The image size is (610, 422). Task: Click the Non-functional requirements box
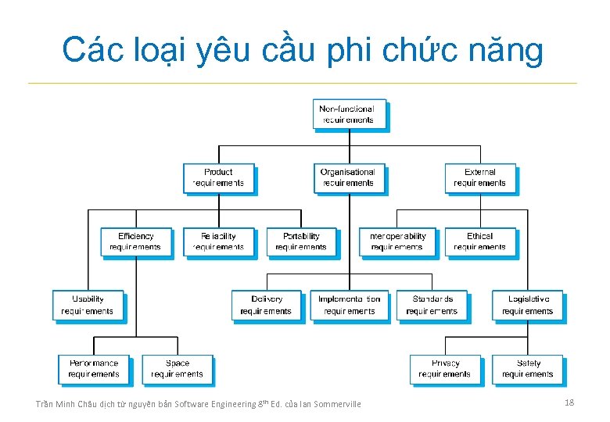pos(348,114)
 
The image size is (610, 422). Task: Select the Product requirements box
pos(218,177)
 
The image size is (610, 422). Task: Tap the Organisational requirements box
pos(348,177)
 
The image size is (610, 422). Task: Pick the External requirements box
pos(479,177)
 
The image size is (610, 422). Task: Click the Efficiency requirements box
pos(135,241)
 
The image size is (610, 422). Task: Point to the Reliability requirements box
pos(218,241)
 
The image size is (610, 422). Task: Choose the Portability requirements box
pos(301,241)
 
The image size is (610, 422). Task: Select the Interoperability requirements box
pos(396,241)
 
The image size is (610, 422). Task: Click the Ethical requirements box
pos(479,241)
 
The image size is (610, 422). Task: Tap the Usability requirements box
pos(88,305)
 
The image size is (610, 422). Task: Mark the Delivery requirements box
pos(266,305)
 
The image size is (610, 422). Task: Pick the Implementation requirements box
pos(349,305)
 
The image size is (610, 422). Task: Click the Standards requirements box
pos(432,305)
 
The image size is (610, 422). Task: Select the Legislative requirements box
pos(528,305)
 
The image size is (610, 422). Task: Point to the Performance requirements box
pos(94,369)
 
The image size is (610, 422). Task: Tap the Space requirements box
pos(177,369)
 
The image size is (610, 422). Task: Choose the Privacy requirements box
pos(445,369)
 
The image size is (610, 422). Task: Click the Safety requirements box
pos(528,369)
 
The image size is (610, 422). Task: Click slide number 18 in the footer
pos(569,402)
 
